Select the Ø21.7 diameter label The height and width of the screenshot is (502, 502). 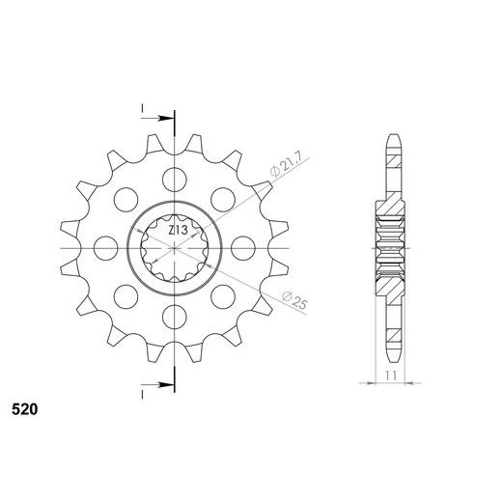[281, 166]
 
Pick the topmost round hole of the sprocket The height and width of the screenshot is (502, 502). [174, 179]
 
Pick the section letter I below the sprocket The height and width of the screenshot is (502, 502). [141, 392]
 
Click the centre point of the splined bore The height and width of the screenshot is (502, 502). [174, 247]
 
